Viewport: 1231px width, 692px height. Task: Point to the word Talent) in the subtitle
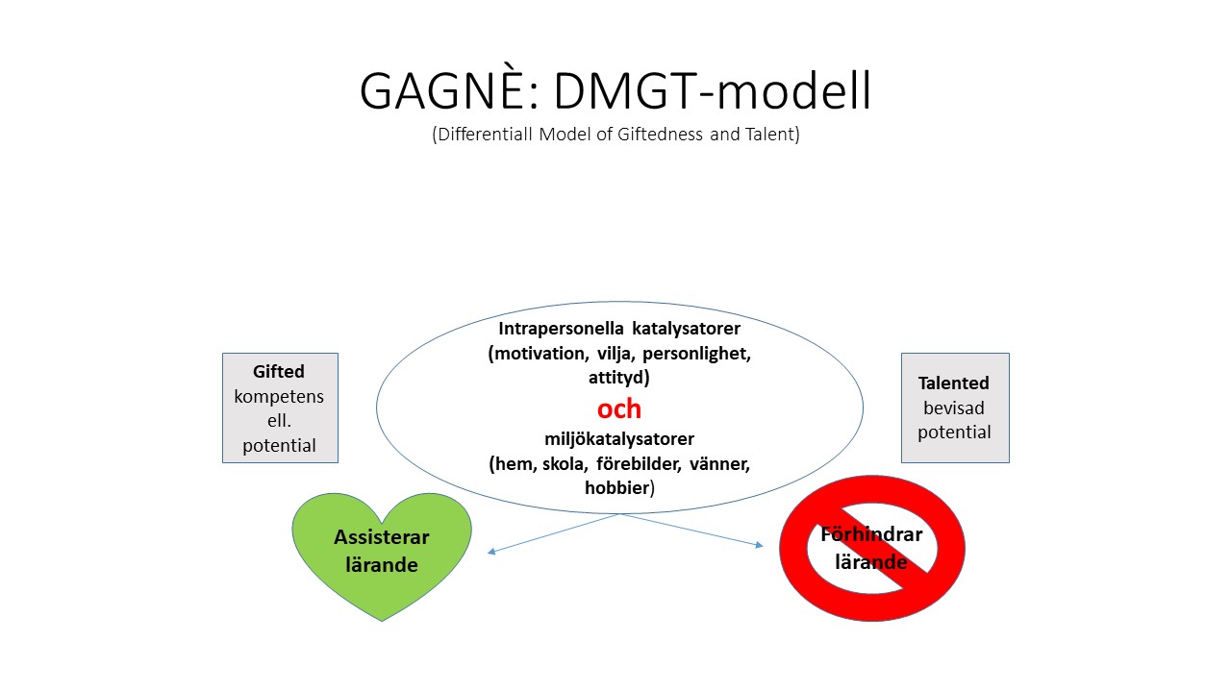(769, 135)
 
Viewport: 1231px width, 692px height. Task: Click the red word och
(619, 408)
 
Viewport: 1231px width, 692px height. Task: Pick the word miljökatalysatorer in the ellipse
(619, 439)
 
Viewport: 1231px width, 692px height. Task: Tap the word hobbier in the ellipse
(617, 488)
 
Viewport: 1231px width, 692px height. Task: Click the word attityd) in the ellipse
(619, 378)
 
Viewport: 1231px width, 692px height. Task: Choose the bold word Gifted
(279, 371)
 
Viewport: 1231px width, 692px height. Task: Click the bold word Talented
(954, 383)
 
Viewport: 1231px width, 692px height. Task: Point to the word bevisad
(954, 408)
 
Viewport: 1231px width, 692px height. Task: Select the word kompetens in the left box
(279, 396)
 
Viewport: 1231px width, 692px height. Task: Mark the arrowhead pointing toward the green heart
(491, 552)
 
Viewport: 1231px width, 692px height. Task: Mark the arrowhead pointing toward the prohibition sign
(759, 546)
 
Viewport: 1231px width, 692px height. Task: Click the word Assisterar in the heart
(382, 537)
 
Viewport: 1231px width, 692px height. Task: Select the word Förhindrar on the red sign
(871, 535)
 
